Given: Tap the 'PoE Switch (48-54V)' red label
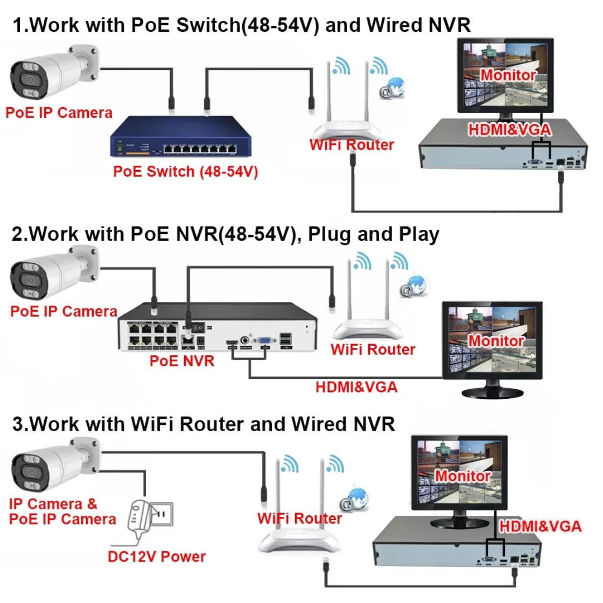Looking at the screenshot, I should click(186, 172).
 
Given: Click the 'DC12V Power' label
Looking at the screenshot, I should click(157, 557).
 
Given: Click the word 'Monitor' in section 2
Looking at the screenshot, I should click(496, 341).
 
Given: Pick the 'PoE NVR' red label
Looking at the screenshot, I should click(182, 361).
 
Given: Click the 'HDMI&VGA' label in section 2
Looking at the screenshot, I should click(356, 387).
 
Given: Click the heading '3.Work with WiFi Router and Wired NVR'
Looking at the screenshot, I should click(204, 424).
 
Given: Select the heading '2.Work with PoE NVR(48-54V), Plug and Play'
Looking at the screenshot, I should click(225, 235).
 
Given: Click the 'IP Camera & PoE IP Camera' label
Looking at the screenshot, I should click(62, 511).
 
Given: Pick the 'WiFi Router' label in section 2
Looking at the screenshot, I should click(373, 349).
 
